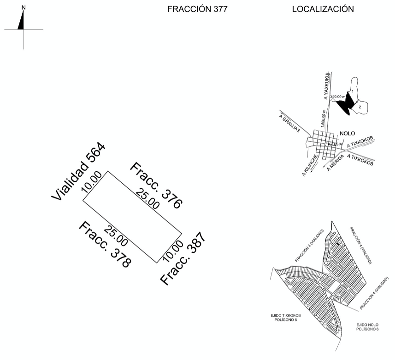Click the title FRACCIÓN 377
point(197,9)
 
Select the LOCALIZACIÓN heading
point(323,9)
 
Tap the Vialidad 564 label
point(78,172)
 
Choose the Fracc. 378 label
point(105,244)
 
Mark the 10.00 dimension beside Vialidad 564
point(91,182)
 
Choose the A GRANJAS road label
point(289,123)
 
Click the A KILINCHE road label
point(310,166)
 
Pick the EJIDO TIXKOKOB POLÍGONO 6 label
point(283,317)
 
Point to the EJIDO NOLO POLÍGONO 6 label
point(367,327)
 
